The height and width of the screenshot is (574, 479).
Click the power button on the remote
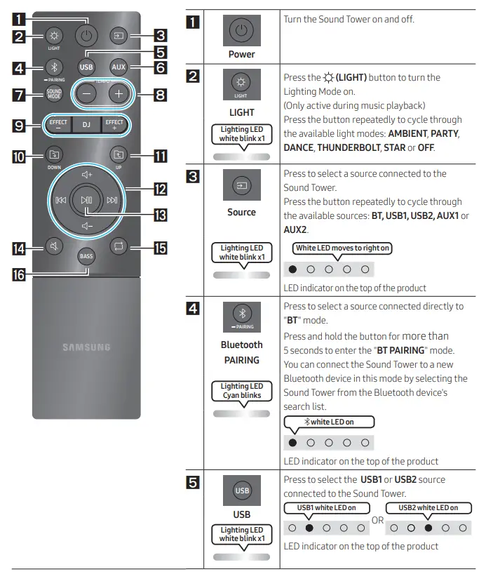[x=86, y=34]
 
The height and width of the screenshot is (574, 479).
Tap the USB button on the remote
[x=86, y=67]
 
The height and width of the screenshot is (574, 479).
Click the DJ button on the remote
[x=86, y=124]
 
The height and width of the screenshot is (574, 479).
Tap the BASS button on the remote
[x=86, y=257]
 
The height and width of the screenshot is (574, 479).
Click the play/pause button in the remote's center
[x=86, y=200]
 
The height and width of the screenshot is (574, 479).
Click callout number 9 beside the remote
[x=21, y=126]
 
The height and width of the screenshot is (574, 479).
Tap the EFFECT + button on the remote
[x=114, y=124]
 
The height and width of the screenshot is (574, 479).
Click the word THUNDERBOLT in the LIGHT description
[x=347, y=149]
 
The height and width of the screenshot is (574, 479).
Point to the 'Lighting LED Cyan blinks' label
[x=242, y=391]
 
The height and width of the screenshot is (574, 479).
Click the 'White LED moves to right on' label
[x=343, y=248]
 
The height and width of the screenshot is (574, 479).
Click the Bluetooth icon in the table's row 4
[x=242, y=313]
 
